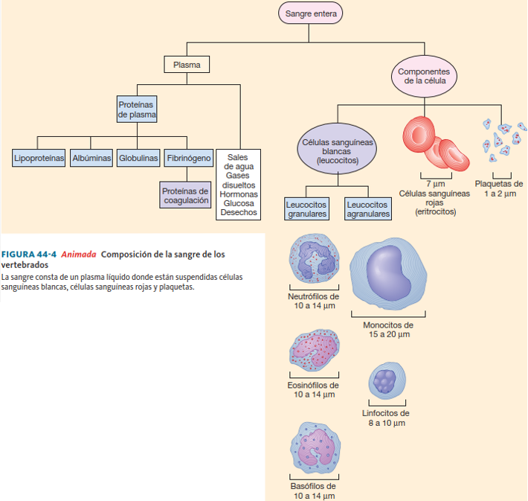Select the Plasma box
tap(187, 65)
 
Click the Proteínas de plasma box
tap(137, 109)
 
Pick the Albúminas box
tap(91, 158)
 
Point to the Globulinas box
tap(138, 158)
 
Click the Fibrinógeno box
tap(189, 158)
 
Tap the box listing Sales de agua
tap(239, 185)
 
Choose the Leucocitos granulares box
tap(306, 208)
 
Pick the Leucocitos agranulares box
tap(368, 208)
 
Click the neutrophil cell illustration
tap(314, 258)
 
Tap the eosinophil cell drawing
tap(314, 348)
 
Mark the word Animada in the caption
tap(79, 254)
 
